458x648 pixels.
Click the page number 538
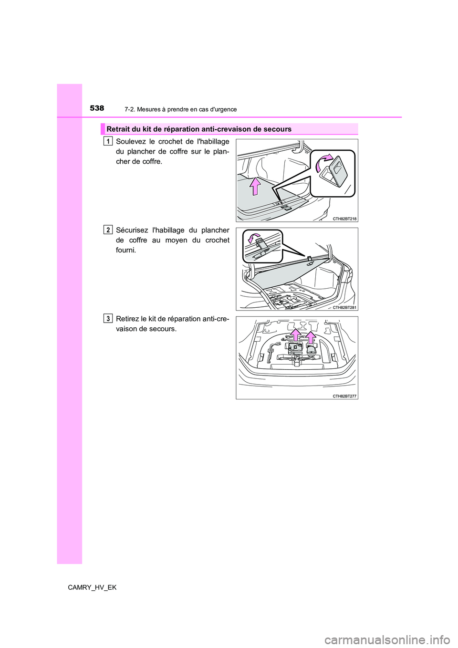click(97, 108)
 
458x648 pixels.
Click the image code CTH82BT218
click(345, 219)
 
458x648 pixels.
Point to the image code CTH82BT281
click(345, 307)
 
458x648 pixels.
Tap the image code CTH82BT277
click(345, 396)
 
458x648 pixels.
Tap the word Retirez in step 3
click(128, 319)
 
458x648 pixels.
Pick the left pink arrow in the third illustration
click(296, 335)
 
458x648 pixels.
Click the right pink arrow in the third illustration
click(311, 337)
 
